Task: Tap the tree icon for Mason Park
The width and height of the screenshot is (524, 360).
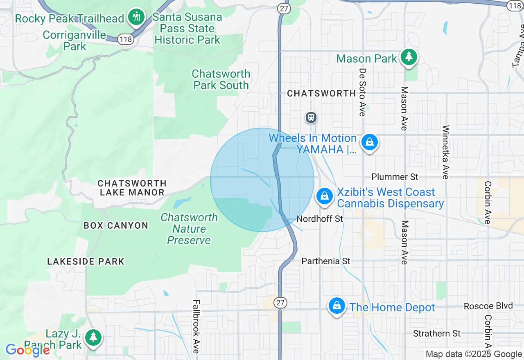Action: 409,57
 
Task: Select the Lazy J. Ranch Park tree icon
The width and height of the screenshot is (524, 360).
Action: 94,337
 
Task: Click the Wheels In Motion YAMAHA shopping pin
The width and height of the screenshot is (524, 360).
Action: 370,142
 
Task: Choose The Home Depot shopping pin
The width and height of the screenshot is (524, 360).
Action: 337,305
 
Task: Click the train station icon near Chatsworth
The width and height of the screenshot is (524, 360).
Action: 311,117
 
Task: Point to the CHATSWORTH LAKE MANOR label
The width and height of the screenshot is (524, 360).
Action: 132,187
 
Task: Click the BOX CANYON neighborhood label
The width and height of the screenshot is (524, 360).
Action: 116,225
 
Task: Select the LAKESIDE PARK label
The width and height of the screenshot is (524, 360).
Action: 86,261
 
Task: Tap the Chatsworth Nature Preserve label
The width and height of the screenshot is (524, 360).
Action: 189,229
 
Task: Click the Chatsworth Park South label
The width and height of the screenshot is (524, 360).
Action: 221,79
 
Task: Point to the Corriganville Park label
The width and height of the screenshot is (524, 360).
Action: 75,40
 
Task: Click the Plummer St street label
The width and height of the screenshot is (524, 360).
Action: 395,177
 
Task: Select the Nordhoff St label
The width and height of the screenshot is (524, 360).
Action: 320,219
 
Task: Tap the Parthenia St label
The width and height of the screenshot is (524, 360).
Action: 326,261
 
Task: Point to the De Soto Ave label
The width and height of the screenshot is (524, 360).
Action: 362,92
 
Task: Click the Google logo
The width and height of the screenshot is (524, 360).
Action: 27,351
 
